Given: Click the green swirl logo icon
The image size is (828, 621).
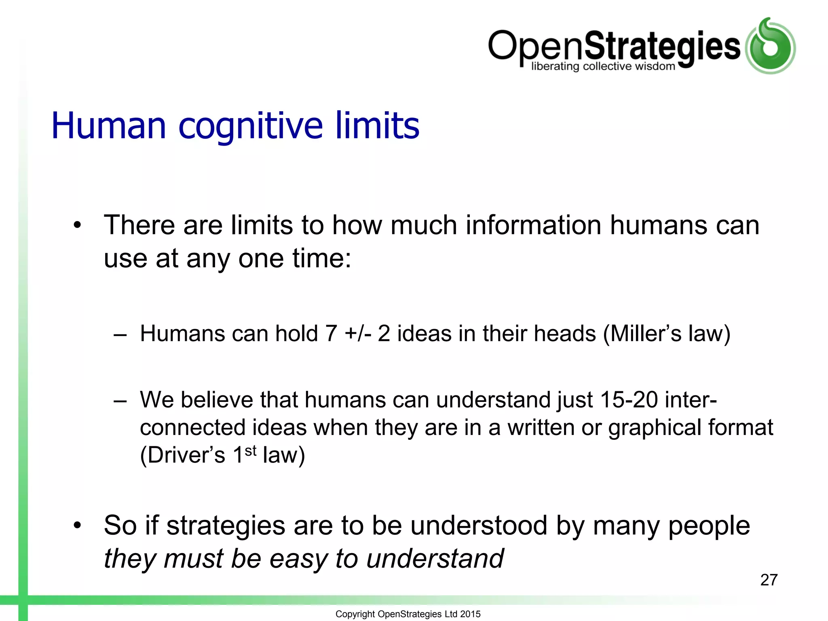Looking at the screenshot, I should coord(770,46).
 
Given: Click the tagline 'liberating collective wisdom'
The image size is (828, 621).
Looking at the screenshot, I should coord(603,66).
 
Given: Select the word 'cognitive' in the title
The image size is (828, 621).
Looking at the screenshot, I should coord(250,126).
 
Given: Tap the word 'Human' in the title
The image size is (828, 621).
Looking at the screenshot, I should coord(109,126).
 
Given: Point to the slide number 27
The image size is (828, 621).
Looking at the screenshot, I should coord(769,580).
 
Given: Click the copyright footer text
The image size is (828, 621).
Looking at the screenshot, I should coord(408,614).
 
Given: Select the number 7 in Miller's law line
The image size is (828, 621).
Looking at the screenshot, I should coord(331,334).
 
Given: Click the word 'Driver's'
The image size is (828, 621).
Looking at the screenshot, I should coord(182,455).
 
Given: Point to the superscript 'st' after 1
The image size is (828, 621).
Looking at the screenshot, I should coord(251,450).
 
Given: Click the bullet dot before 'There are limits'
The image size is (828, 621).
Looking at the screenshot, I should coord(77,225).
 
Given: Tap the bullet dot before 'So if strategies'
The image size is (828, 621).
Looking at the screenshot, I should coord(77,526).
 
